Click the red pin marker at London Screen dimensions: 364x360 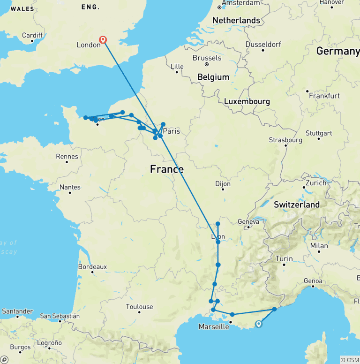103,40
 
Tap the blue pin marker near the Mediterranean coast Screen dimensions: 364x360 258,323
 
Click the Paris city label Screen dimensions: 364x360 171,131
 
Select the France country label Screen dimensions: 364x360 166,169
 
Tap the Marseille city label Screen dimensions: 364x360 214,326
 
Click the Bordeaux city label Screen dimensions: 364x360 92,266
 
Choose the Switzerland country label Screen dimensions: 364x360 297,205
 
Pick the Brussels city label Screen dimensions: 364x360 207,58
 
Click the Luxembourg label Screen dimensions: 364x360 247,101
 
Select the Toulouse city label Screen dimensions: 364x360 139,307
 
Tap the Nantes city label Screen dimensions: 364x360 70,187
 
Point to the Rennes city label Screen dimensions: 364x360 66,156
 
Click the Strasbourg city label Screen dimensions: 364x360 285,140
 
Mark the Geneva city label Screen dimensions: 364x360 248,221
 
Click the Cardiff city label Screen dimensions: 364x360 32,35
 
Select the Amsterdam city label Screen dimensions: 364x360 240,3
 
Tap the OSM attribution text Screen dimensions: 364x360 350,360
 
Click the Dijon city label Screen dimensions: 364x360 223,184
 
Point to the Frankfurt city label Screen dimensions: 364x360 324,96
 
